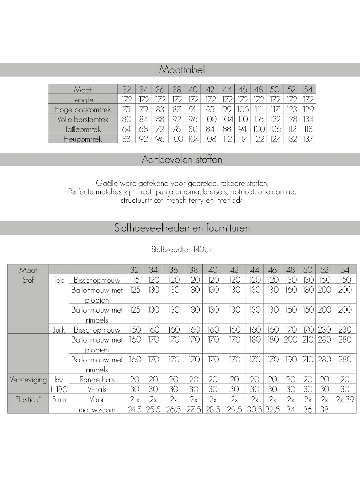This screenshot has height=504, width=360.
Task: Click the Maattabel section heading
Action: point(182,70)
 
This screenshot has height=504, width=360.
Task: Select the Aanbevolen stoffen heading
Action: point(182,159)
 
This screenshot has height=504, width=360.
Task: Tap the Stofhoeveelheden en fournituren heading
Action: point(182,228)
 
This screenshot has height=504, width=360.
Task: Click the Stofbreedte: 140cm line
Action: point(182,250)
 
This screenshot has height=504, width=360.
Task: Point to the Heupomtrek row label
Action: point(83,139)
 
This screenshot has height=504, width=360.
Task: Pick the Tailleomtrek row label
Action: point(83,129)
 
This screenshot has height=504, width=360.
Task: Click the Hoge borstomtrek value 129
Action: point(308,110)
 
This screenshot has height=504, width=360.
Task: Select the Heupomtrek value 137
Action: point(308,139)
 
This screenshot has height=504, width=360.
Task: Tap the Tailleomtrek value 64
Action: point(126,129)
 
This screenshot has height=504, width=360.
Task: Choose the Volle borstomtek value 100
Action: point(211,120)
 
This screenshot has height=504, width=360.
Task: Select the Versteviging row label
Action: point(28,380)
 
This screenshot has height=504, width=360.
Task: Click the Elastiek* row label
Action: point(28,399)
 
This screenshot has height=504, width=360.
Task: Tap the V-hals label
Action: point(97,389)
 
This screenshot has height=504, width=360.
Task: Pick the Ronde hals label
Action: point(97,380)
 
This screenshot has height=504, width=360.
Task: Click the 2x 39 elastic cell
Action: point(345,399)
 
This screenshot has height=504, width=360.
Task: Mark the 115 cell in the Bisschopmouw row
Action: point(135,280)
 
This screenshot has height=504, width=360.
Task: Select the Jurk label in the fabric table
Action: point(59,330)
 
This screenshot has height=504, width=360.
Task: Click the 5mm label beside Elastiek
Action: point(59,399)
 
